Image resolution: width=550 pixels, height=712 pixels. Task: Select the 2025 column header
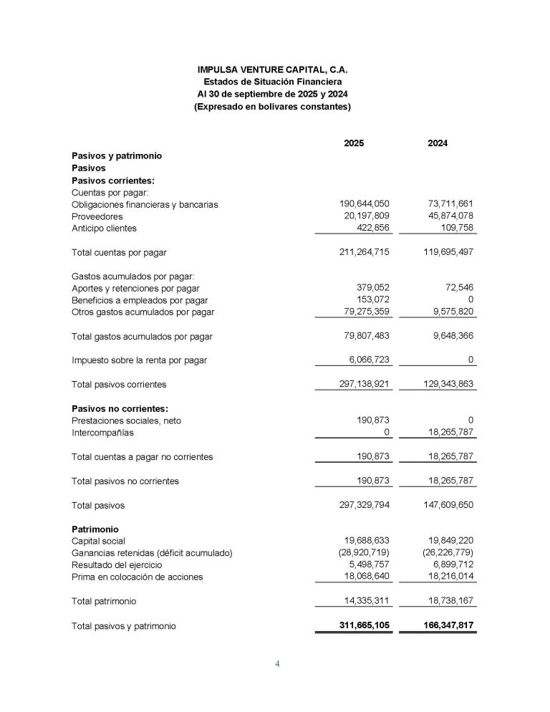354,143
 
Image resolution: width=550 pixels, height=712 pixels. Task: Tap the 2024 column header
438,143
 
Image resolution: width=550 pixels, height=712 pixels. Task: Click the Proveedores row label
97,216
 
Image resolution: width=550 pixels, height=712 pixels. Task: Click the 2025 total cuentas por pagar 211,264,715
363,252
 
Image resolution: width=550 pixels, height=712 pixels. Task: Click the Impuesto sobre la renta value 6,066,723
369,360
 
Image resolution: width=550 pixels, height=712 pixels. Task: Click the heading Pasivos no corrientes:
120,408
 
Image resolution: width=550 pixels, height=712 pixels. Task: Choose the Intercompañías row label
102,433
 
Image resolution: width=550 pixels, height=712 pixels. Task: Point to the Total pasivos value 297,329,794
363,505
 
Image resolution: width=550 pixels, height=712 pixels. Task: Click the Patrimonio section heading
95,529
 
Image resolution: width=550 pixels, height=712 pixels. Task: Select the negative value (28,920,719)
365,553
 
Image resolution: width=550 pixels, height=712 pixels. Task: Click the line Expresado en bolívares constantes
272,107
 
